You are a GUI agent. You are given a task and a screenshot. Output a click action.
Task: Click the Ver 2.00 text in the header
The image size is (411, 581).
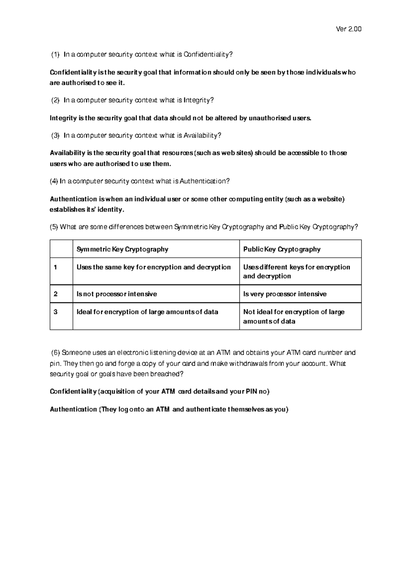coord(349,29)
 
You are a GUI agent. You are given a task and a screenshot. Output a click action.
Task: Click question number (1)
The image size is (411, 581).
coord(55,54)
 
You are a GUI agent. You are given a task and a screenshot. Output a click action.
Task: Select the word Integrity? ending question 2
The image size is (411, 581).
coord(199,100)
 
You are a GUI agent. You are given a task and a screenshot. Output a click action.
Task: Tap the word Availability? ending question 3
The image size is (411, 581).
coord(202,135)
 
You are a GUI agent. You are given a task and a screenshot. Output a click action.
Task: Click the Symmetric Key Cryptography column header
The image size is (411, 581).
coord(122,249)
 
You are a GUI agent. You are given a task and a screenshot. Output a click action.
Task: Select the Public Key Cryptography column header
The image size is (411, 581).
coord(282,249)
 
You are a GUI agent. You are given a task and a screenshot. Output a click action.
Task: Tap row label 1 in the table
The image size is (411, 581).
coord(55,267)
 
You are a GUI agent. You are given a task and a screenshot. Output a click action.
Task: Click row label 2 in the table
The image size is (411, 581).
coord(55,294)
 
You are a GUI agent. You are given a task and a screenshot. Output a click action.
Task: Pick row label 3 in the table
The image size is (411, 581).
coord(55,312)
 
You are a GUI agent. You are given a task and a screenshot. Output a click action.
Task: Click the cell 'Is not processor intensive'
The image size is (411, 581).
coord(117,294)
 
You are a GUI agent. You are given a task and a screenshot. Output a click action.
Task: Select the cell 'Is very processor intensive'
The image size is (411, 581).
coord(285,294)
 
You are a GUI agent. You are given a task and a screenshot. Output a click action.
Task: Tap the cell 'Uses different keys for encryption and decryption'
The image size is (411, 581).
coord(296,271)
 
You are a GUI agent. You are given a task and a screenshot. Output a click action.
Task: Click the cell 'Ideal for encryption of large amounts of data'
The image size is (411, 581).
coord(147,312)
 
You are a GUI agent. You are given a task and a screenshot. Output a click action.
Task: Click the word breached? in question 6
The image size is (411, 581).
coord(167,374)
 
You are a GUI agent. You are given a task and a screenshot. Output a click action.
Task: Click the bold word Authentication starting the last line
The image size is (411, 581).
coord(73,409)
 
